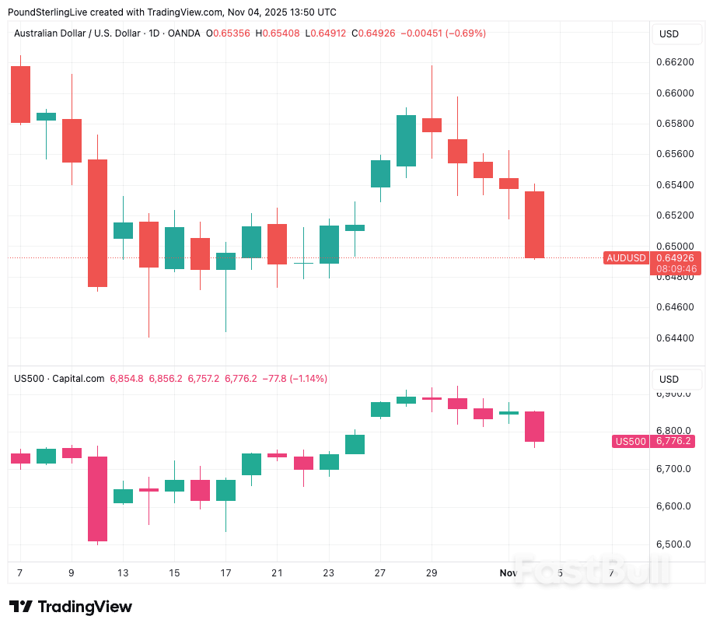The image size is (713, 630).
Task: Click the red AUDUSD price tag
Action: point(627,257)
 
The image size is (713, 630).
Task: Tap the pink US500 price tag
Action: point(631,441)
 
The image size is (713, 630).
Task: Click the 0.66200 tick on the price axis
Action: point(676,62)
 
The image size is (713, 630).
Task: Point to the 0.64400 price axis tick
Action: point(676,338)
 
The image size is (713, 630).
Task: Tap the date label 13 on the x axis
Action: point(122,573)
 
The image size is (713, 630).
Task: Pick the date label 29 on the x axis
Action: point(432,573)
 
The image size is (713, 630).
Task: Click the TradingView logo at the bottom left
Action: point(71,607)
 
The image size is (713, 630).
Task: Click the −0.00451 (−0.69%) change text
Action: point(442,33)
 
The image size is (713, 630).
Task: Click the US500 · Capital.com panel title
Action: point(59,379)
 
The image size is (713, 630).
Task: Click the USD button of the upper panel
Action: point(669,34)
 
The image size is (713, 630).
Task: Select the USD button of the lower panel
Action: point(669,380)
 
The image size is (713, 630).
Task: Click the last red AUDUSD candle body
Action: point(534,225)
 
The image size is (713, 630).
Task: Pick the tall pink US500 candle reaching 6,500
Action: point(97,499)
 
